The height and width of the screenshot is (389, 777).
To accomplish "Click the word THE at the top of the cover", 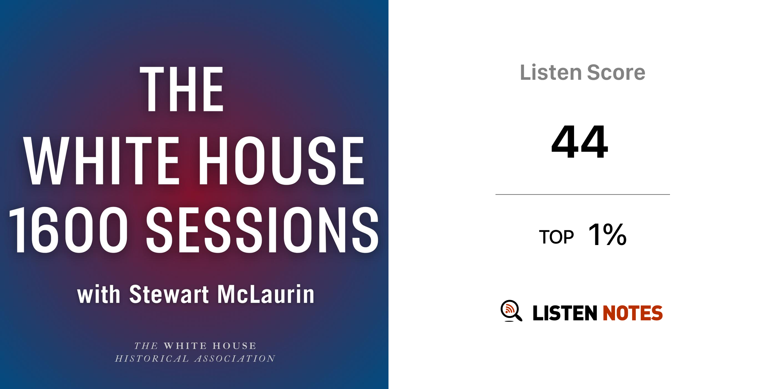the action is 182,89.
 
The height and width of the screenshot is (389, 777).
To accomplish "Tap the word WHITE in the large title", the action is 101,161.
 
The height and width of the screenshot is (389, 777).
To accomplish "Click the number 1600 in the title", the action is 68,230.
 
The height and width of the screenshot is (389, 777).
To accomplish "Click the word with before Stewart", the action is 99,294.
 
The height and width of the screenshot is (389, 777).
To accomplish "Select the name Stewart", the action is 169,294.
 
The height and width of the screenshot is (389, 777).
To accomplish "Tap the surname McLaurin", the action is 266,294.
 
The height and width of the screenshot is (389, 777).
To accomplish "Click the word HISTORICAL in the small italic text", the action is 152,359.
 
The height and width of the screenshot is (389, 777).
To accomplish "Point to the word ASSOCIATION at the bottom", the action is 235,359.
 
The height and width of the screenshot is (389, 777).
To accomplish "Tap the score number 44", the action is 580,142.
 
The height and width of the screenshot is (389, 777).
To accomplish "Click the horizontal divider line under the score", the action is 583,194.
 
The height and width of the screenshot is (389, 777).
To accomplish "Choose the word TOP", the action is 556,237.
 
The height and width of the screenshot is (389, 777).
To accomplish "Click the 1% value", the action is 607,234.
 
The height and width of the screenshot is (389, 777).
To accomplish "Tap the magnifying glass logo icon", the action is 511,311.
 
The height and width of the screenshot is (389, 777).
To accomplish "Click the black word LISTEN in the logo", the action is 565,313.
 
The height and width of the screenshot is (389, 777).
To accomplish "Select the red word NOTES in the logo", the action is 632,313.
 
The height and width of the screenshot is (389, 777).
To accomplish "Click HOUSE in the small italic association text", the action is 234,346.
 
